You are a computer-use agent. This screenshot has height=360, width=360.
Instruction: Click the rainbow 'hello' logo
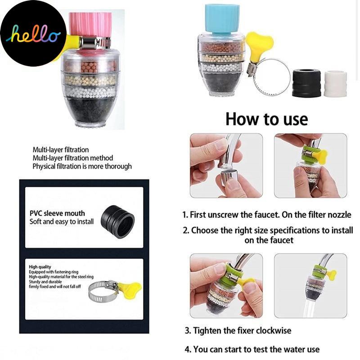(x=33, y=34)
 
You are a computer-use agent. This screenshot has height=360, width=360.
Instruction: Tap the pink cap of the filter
(x=90, y=25)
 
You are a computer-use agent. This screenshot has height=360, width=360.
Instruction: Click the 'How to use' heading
(x=266, y=119)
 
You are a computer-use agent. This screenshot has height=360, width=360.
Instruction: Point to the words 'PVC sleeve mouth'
(x=57, y=213)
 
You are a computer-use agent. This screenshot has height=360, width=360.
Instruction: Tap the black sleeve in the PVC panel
(x=117, y=222)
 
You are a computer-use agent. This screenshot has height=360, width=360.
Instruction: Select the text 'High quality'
(x=40, y=267)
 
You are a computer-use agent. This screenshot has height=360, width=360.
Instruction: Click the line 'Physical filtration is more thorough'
(x=82, y=166)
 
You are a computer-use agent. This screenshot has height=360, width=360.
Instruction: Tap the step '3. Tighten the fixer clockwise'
(x=238, y=331)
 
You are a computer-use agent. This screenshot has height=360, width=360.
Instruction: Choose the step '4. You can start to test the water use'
(x=252, y=350)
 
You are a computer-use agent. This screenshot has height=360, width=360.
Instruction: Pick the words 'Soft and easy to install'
(x=62, y=222)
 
